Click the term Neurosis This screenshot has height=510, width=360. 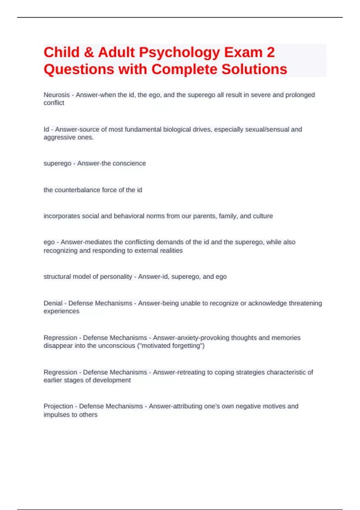coord(57,95)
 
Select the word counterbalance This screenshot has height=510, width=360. coord(78,190)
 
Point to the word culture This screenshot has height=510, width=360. coord(263,216)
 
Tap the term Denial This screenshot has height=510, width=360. coord(53,303)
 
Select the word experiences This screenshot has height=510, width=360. coord(61,311)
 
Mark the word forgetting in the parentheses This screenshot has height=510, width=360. coord(186,346)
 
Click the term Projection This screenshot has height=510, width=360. coord(58,406)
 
